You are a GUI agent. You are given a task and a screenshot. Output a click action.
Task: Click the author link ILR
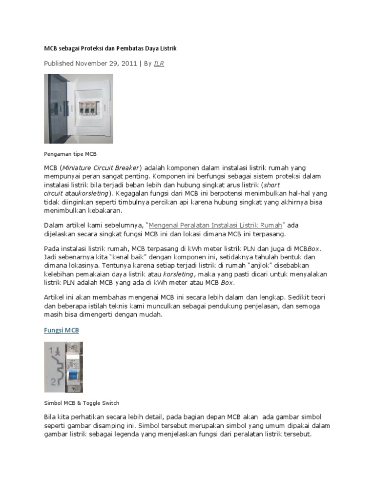click(x=158, y=63)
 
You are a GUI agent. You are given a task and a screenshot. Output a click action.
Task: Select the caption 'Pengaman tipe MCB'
click(x=70, y=154)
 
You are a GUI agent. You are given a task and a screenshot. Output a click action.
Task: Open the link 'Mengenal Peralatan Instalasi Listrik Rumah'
click(x=215, y=225)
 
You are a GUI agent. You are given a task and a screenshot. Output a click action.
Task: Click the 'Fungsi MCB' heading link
click(x=62, y=331)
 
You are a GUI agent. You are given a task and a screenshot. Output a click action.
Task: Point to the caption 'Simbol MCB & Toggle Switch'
click(x=82, y=403)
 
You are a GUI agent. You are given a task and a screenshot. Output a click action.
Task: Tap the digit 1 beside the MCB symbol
click(x=51, y=350)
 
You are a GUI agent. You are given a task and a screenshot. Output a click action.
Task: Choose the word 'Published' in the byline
click(x=59, y=63)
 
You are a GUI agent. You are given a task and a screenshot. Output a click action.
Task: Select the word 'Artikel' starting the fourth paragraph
click(x=54, y=297)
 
